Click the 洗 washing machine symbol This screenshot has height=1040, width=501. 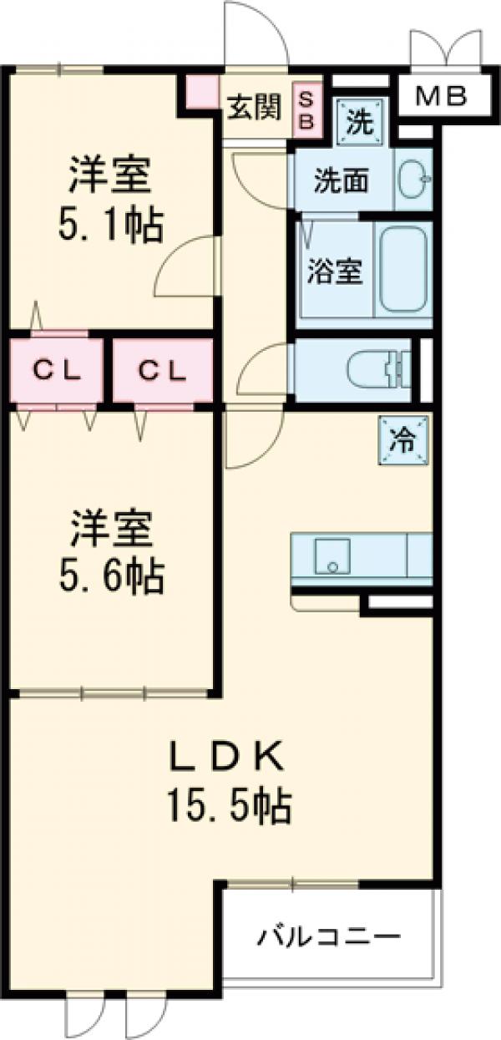tap(361, 122)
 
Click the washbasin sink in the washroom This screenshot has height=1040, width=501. tap(413, 180)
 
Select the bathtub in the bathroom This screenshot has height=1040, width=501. tap(404, 269)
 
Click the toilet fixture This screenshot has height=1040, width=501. tap(376, 368)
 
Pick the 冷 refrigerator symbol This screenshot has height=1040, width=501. tap(403, 439)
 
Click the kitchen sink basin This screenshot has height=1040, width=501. tap(331, 556)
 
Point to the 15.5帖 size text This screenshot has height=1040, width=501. tap(230, 806)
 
